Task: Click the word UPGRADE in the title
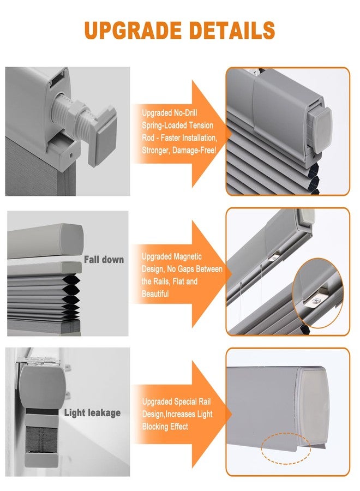click(133, 30)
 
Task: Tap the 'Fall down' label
click(104, 260)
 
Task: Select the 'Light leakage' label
click(92, 413)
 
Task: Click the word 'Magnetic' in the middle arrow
click(186, 257)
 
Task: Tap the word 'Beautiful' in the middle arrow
click(155, 294)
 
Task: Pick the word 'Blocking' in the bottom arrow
click(155, 427)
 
